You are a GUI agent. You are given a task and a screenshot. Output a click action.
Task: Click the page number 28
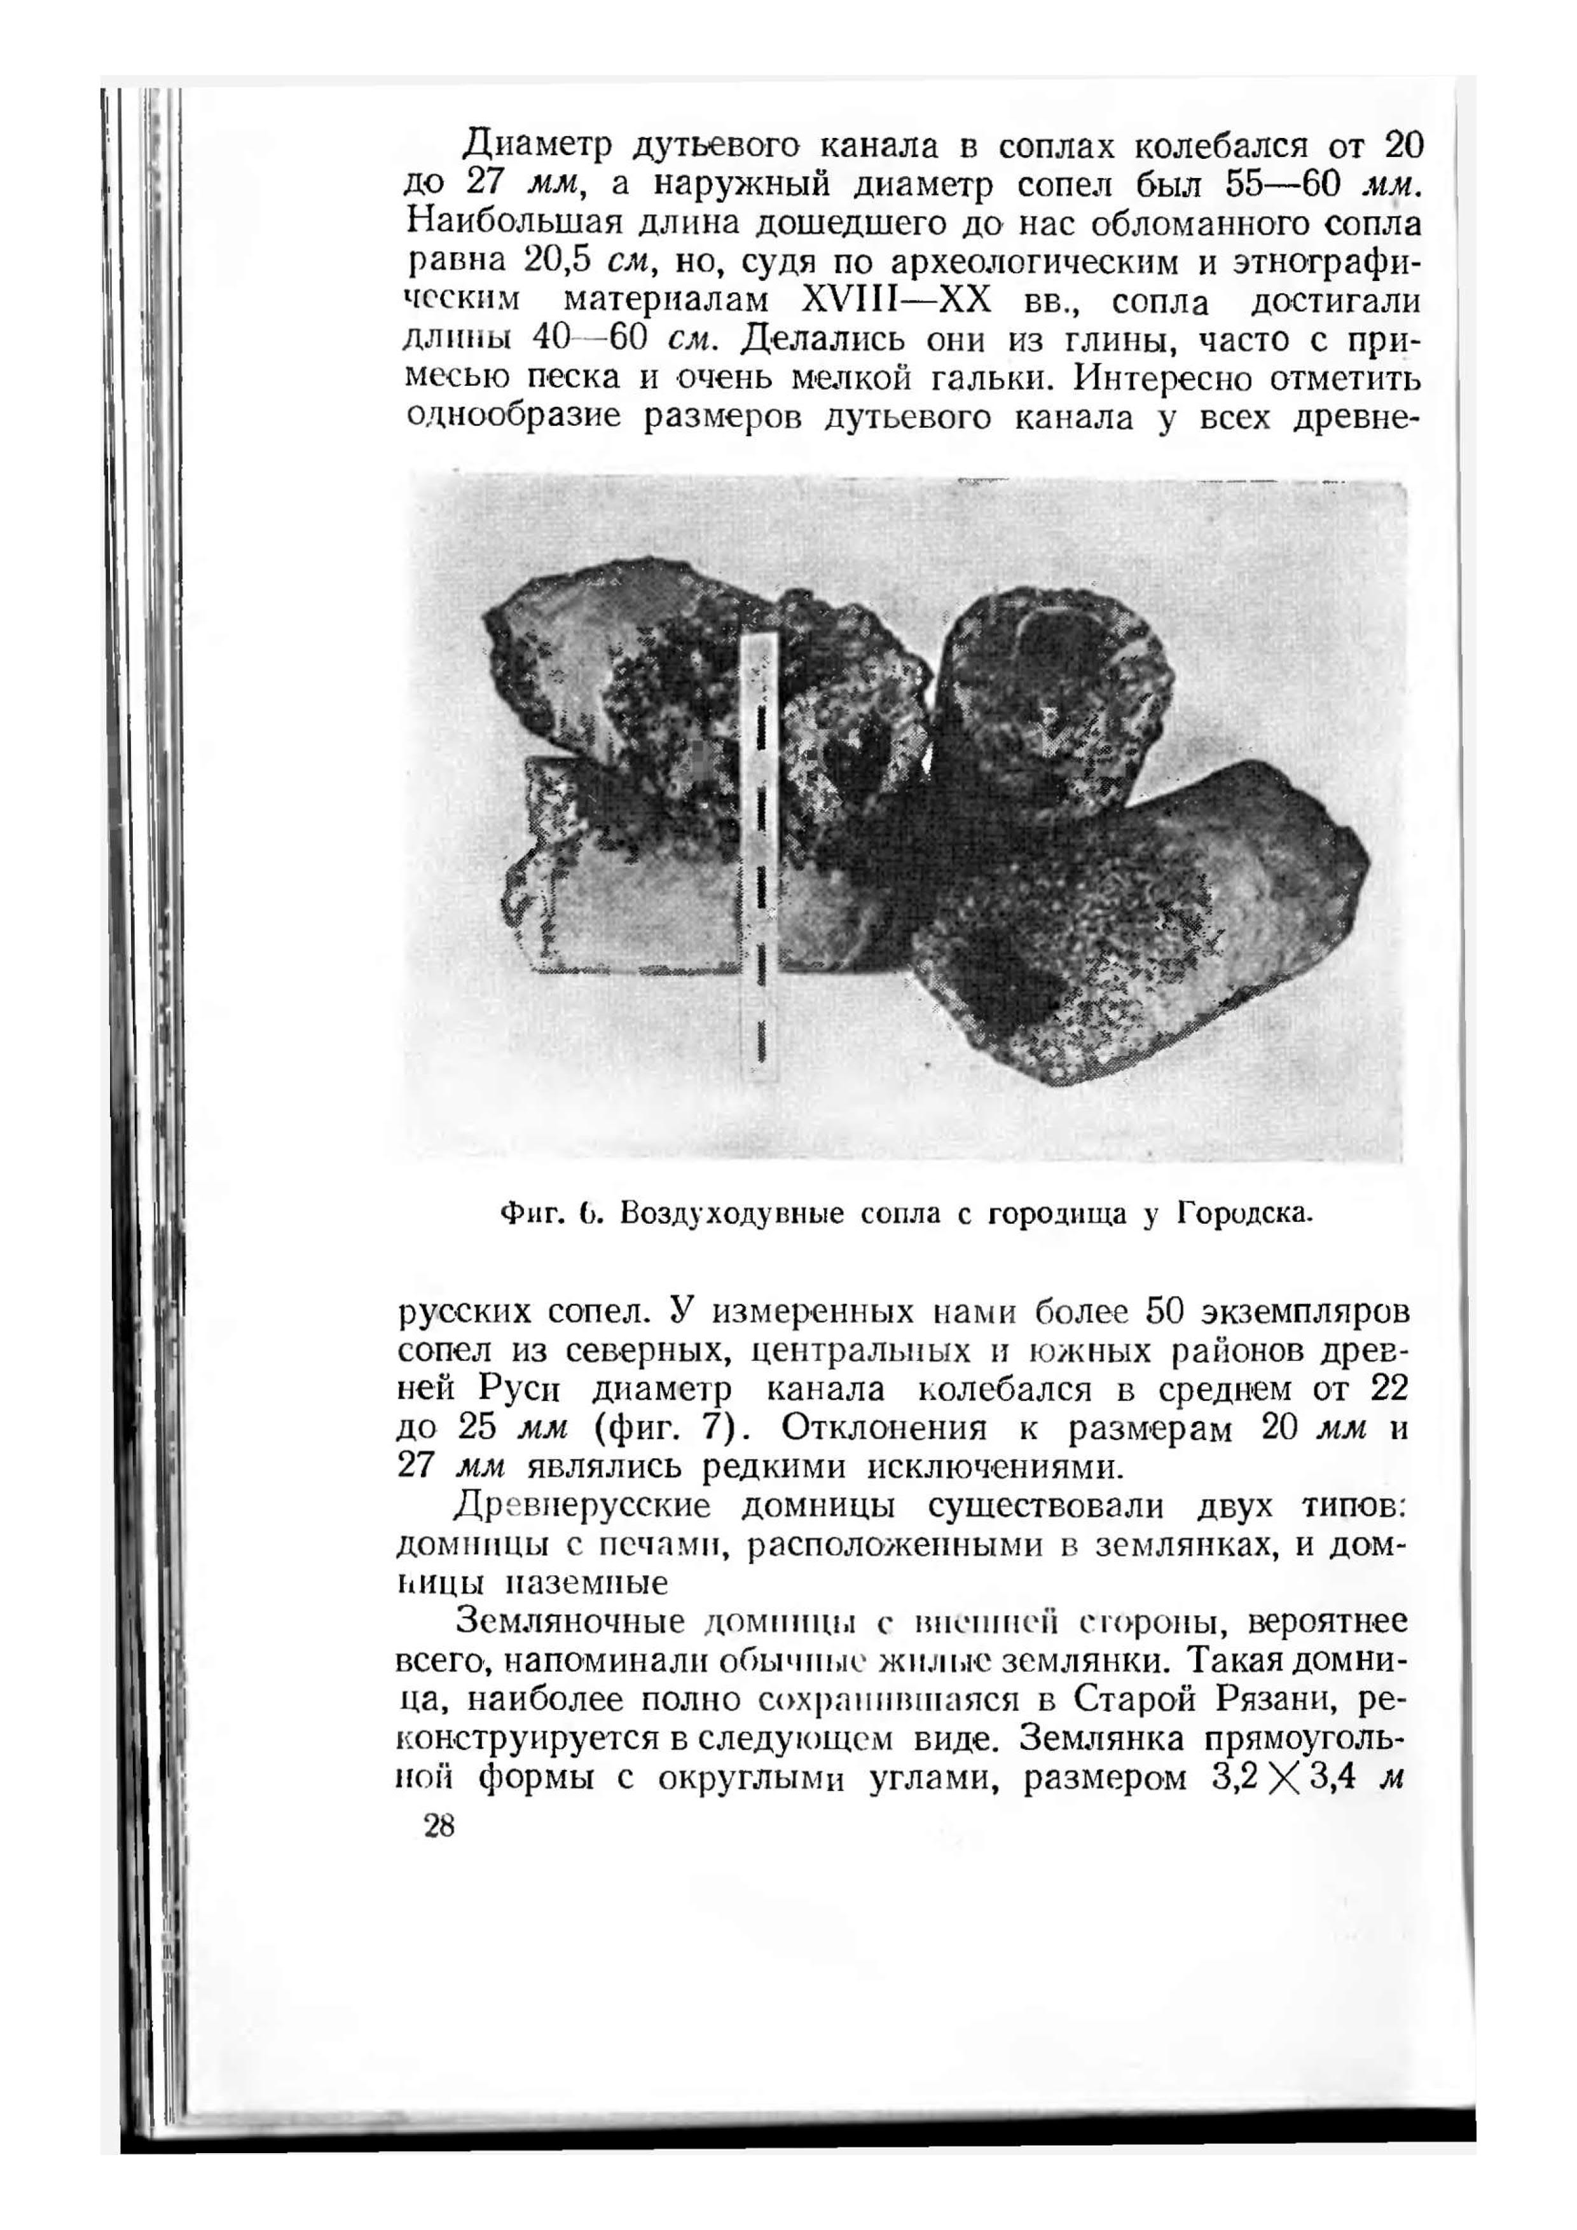tap(439, 1827)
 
